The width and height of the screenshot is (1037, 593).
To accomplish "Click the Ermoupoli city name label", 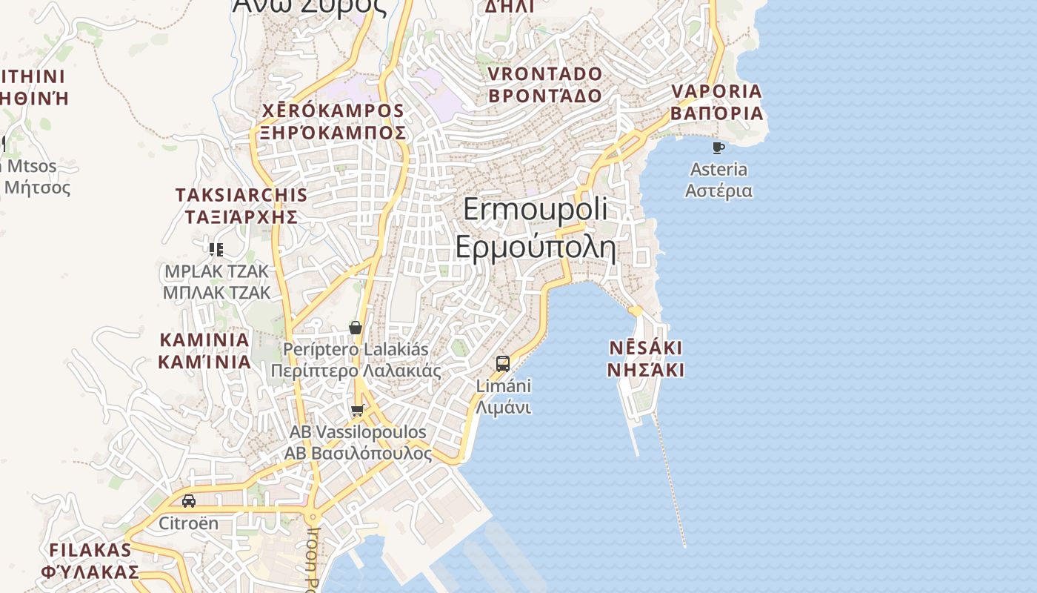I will (535, 209).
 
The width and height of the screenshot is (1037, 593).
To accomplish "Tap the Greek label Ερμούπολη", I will (535, 246).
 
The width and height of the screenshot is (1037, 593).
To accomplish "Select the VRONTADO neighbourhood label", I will (545, 74).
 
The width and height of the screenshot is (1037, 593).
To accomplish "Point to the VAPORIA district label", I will (716, 91).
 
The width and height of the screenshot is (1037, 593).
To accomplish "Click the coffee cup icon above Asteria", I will (718, 148).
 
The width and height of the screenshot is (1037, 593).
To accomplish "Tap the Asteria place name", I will (718, 169).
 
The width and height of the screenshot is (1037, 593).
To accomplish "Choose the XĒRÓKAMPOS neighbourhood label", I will (333, 111).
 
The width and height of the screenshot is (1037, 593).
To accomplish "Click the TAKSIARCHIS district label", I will (241, 195).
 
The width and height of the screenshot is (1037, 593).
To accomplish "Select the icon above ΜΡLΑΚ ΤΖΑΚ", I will (216, 249).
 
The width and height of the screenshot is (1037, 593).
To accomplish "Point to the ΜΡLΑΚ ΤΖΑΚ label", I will (217, 271).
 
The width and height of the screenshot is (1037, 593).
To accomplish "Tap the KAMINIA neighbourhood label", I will (204, 340).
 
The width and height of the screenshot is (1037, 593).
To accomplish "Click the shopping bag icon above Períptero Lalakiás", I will (356, 328).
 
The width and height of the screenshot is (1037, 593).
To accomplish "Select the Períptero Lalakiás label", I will (356, 348).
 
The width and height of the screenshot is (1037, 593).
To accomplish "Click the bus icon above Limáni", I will (503, 364).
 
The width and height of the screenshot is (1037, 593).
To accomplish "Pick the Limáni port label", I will (504, 386).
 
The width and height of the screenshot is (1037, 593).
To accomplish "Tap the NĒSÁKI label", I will (645, 348).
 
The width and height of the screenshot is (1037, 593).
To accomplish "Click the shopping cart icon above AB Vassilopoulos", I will (358, 410).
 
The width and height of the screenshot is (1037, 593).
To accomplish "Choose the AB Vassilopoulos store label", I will (358, 431).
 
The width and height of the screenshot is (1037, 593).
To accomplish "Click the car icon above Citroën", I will (189, 501).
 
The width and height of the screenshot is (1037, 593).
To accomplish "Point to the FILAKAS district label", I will (90, 550).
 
